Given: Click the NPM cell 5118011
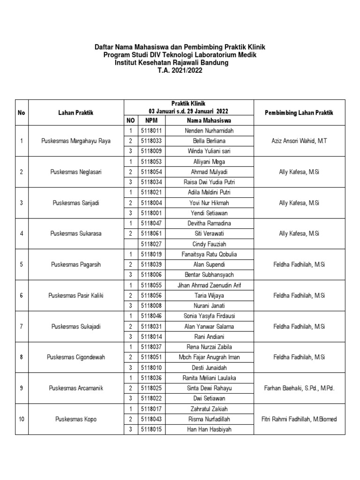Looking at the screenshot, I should coord(151,130).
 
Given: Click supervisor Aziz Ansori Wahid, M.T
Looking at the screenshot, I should coord(299,141).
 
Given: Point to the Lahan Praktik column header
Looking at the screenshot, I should coord(76,112).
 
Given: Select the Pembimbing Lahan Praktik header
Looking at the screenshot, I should coord(299,112).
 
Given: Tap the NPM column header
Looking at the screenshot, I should coord(151,120).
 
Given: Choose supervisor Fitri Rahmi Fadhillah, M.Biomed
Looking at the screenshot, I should coord(299,419).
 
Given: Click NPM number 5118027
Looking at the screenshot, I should coord(151,244).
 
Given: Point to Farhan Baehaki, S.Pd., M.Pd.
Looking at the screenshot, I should coord(299,388).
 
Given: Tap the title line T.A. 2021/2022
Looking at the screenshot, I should coord(172,70).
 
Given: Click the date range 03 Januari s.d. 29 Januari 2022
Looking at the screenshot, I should coord(188,111).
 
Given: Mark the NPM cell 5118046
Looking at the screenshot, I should coord(151,316).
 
